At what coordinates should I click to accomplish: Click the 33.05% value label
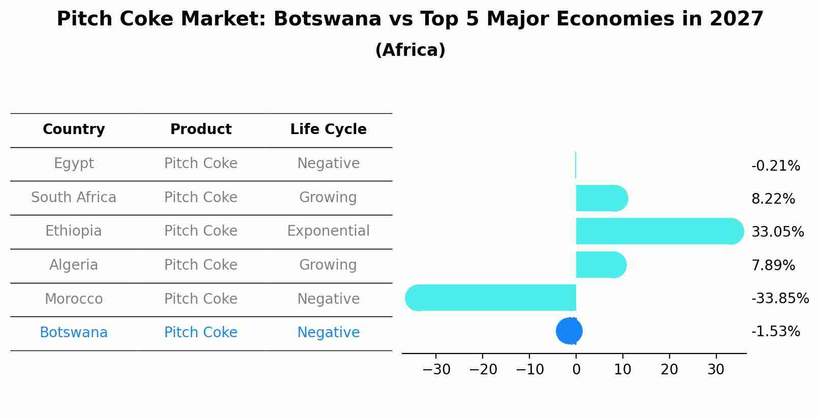pos(777,232)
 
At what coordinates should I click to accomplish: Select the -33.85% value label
pos(780,298)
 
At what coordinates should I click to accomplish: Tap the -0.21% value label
pos(775,166)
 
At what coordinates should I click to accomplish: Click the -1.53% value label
pos(775,332)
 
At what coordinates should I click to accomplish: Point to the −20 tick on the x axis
pos(483,370)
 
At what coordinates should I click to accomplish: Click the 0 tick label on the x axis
pos(576,370)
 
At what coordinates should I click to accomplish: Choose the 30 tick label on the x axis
pos(716,370)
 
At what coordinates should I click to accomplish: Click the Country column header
pos(74,130)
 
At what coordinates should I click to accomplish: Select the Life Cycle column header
pos(328,130)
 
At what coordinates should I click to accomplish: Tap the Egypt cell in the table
pos(74,164)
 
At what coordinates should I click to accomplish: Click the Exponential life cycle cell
pos(328,231)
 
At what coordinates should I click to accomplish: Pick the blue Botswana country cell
pos(74,333)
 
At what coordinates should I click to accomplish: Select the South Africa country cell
pos(74,198)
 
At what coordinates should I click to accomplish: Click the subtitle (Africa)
pos(410,50)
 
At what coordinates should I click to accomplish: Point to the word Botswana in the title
pos(327,19)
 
